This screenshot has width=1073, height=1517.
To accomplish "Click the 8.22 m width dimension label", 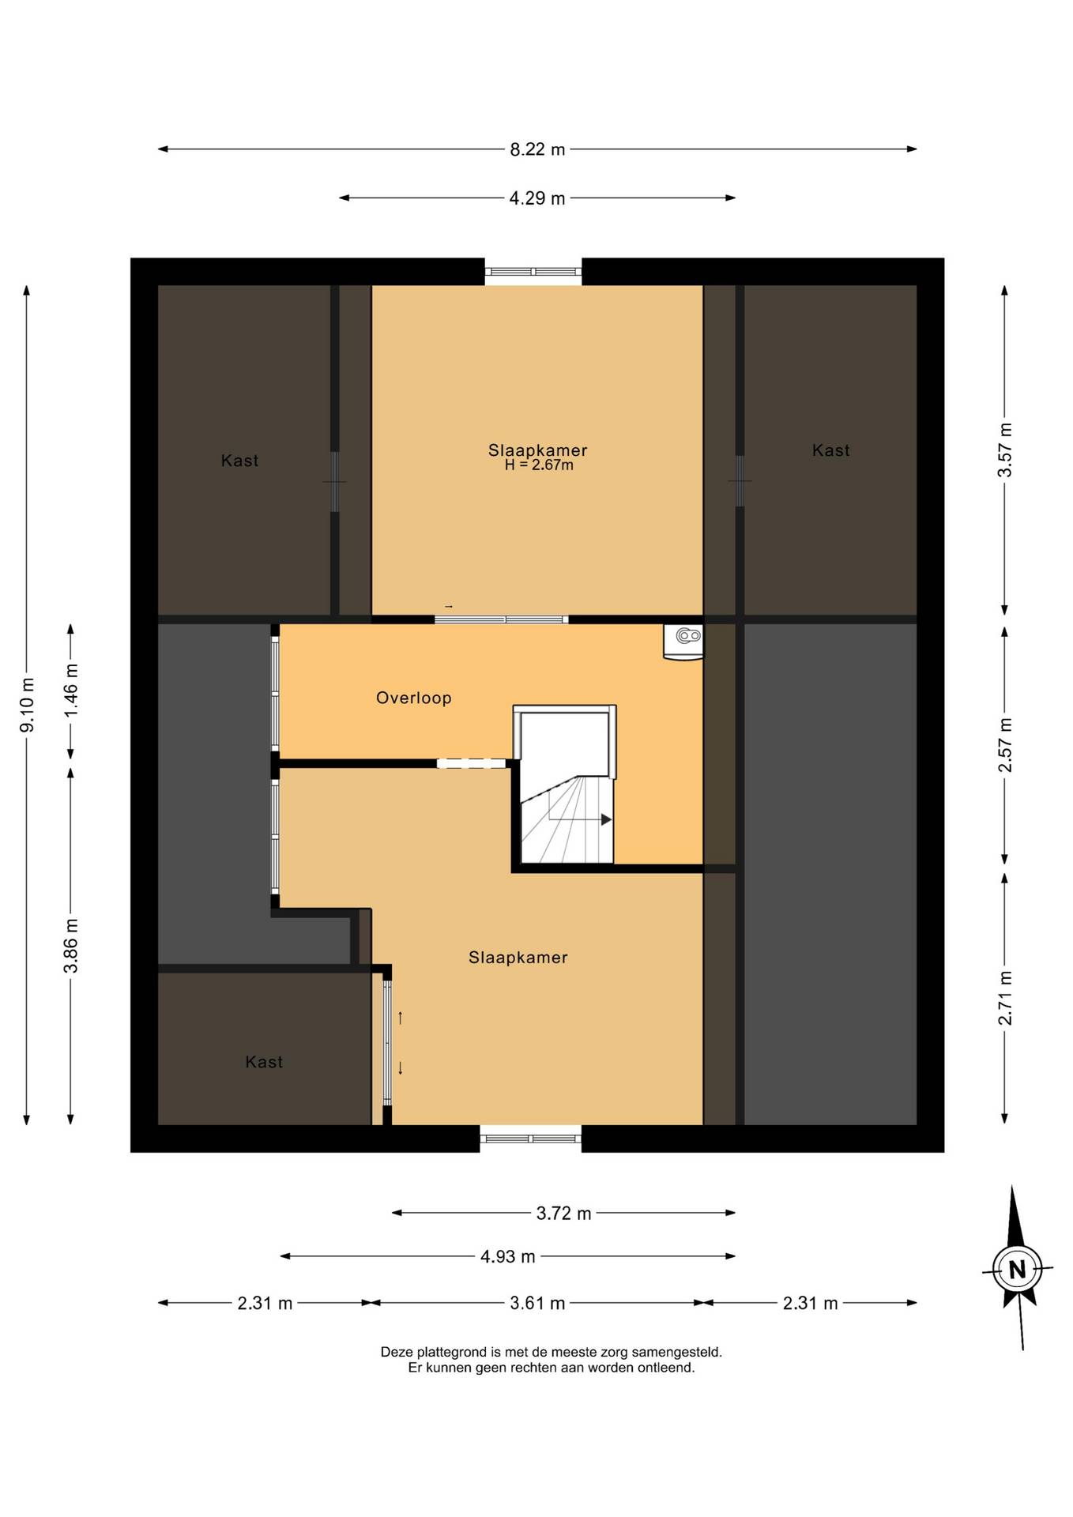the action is click(x=537, y=149).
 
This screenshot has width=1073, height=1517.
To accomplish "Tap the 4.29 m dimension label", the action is click(x=537, y=198).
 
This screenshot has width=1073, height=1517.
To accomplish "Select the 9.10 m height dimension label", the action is click(x=27, y=705).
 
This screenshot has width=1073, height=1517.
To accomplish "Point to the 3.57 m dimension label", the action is click(x=1004, y=450).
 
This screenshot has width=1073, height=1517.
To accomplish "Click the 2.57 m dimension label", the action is click(x=1004, y=745).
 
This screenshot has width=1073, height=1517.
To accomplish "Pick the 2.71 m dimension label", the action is click(x=1004, y=998).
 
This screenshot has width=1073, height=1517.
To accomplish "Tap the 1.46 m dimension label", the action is click(x=71, y=690).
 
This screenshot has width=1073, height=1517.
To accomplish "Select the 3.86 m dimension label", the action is click(x=71, y=946).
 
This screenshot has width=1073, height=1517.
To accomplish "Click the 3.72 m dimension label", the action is click(x=563, y=1214).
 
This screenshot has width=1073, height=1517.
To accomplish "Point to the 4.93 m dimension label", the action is click(x=508, y=1256).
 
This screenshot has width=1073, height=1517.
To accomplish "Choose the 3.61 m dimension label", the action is click(x=537, y=1303).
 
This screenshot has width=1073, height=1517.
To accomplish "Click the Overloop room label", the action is click(x=414, y=698).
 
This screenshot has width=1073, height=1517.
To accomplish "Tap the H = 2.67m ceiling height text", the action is click(x=539, y=465).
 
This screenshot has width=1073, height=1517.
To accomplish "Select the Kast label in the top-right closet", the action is click(x=831, y=450).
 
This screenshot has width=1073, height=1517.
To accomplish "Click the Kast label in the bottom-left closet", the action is click(x=264, y=1062).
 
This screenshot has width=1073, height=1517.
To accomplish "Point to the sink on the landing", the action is click(x=683, y=641).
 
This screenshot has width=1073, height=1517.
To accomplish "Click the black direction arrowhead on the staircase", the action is click(x=606, y=819).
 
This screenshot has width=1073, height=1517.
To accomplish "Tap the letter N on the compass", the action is click(x=1017, y=1270).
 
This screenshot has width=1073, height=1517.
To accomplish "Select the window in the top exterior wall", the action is click(x=533, y=272).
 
